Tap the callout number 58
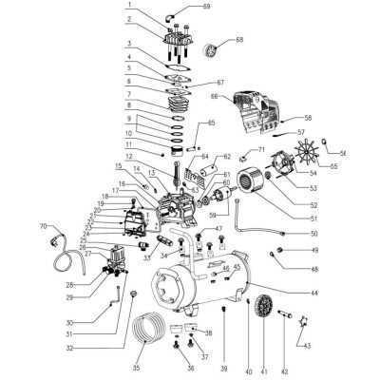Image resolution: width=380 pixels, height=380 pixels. pyautogui.click(x=307, y=118)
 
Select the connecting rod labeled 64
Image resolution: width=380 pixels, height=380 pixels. pyautogui.click(x=180, y=172)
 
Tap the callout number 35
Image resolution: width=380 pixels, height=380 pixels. pyautogui.click(x=137, y=367)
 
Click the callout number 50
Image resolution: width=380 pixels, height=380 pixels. pyautogui.click(x=314, y=233)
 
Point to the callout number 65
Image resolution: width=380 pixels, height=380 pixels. pyautogui.click(x=212, y=123)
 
